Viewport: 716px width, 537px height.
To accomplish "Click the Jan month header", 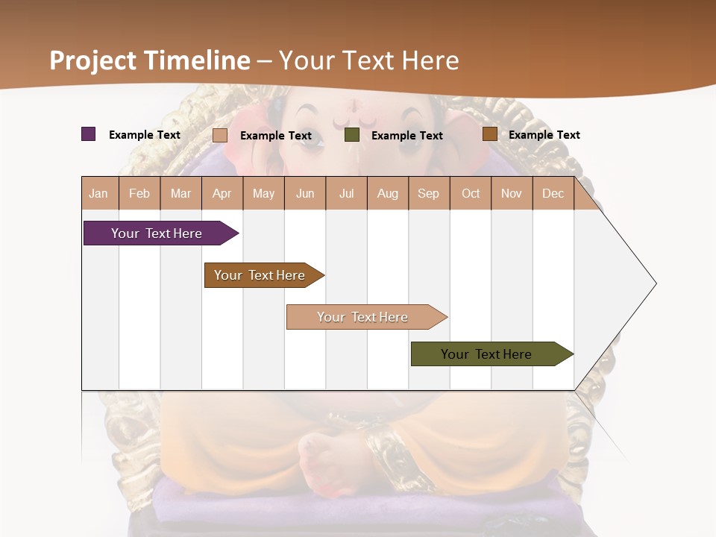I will click(99, 193).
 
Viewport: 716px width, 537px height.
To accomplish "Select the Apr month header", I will click(222, 193).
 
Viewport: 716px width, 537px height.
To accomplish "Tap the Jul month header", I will click(346, 193).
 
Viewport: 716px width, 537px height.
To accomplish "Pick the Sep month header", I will click(429, 193).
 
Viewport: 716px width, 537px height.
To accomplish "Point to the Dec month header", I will click(553, 193).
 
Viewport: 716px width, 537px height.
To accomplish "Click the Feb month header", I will click(139, 193).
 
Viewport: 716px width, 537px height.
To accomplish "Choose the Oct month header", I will click(471, 193).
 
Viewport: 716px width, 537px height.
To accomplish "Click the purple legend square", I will click(88, 134).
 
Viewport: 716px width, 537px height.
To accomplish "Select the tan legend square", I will click(219, 135).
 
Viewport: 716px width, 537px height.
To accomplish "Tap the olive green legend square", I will click(352, 135).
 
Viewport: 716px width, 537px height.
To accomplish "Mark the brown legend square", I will click(489, 134).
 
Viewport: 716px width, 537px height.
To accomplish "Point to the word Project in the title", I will click(93, 60).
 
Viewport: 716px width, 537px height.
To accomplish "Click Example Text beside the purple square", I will click(145, 135).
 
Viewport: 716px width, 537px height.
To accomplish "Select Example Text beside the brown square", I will click(544, 135).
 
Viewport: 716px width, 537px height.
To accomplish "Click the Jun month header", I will click(305, 193).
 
